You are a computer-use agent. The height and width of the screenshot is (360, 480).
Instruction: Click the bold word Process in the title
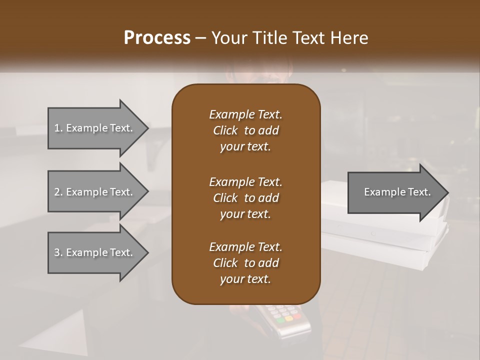coord(157,37)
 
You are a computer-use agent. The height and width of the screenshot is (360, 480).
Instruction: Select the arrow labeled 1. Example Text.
coord(95,128)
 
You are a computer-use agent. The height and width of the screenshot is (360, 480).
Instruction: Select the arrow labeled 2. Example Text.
coord(95,192)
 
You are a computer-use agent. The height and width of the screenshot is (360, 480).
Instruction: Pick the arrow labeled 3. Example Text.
coord(95,252)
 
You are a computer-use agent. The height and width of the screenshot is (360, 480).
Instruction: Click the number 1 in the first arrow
coord(57,128)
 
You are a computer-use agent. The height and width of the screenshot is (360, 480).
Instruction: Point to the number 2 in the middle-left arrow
coord(57,192)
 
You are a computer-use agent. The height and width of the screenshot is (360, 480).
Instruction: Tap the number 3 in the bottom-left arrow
coord(57,252)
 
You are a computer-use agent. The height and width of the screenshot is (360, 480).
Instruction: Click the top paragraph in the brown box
coord(245,130)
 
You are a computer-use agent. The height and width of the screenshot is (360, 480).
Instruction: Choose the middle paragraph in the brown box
coord(245,197)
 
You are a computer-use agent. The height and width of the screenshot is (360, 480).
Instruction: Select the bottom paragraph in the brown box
coord(245,263)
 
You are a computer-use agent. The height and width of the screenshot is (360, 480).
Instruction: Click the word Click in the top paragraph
coord(225,130)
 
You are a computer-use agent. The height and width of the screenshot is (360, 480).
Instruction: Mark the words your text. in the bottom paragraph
coord(245,279)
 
